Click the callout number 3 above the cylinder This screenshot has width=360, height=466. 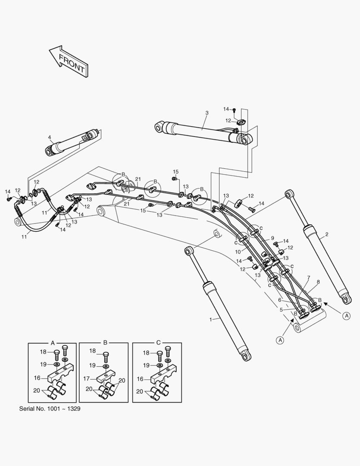tap(207, 113)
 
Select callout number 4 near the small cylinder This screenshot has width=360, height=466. tap(50, 138)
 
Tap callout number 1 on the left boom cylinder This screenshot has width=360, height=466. tap(211, 319)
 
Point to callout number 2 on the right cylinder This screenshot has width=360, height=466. tap(327, 235)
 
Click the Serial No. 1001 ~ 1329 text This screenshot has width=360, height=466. tap(50, 408)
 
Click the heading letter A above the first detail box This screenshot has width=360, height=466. tap(53, 343)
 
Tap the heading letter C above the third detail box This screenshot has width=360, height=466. tap(158, 343)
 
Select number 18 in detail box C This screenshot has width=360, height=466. tap(146, 353)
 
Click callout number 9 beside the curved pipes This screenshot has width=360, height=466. tap(272, 238)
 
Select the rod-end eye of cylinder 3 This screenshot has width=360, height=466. tap(160, 127)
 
